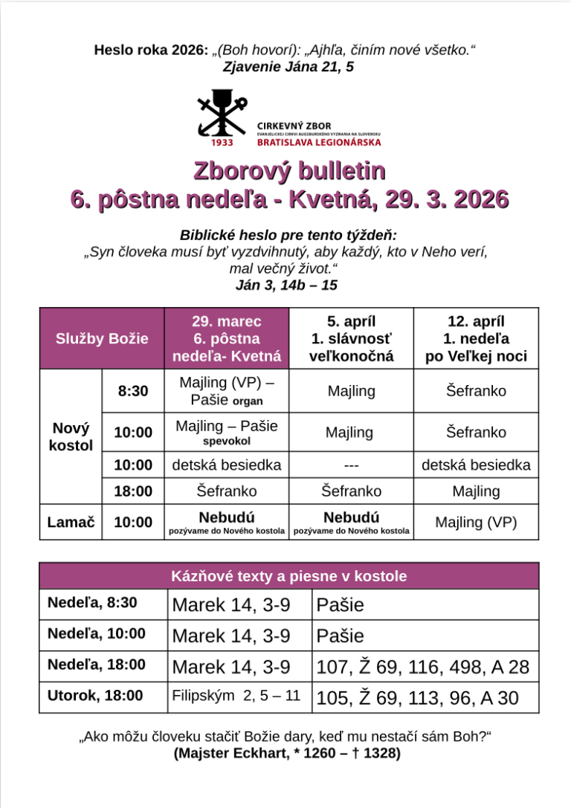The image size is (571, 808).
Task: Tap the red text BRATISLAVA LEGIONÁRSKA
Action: click(x=319, y=141)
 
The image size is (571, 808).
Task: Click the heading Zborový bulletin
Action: click(x=289, y=170)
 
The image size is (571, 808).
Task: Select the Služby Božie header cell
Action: click(x=102, y=338)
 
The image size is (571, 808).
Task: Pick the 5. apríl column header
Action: click(x=351, y=338)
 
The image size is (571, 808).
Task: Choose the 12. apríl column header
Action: click(x=476, y=338)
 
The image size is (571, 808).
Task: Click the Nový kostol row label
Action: click(x=71, y=437)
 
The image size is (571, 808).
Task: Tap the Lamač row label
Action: click(x=71, y=522)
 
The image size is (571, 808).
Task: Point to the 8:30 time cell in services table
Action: click(x=133, y=391)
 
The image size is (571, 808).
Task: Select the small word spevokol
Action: click(x=226, y=441)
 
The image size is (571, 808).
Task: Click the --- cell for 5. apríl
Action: click(x=351, y=465)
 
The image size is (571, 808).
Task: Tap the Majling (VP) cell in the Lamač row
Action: click(x=476, y=522)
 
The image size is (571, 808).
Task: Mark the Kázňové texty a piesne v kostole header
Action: click(x=288, y=576)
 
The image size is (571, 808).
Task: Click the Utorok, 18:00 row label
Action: click(x=95, y=696)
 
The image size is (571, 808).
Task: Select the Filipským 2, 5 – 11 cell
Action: click(x=236, y=697)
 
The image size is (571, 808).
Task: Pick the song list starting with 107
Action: click(x=422, y=667)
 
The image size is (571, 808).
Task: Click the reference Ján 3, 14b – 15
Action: click(x=286, y=284)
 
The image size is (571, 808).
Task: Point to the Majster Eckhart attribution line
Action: click(x=287, y=753)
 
